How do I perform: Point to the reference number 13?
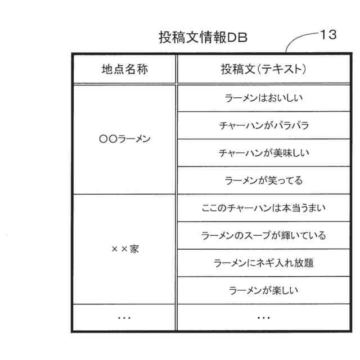click(327, 34)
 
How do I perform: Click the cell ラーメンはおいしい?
click(264, 98)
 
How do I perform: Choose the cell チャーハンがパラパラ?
click(264, 126)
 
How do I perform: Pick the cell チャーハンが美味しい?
click(264, 153)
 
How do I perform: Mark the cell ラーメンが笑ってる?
click(264, 181)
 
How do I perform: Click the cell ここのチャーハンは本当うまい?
click(264, 208)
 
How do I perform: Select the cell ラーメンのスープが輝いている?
click(264, 236)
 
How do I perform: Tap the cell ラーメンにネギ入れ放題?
click(264, 263)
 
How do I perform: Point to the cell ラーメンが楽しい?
click(264, 291)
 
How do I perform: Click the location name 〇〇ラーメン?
click(124, 139)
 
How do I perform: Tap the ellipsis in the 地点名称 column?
click(124, 318)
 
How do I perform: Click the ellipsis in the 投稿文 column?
click(264, 318)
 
